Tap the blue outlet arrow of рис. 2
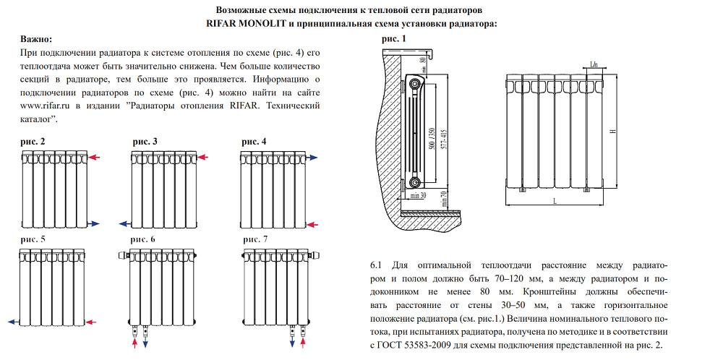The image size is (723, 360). (95, 223)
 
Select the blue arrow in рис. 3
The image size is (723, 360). (123, 223)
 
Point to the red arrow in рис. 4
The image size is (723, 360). (312, 226)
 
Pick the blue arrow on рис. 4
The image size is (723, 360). (312, 157)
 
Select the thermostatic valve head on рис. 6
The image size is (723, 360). (121, 255)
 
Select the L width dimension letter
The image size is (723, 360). (554, 200)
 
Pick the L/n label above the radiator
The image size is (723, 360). (594, 65)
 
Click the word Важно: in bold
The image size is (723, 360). (36, 38)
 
